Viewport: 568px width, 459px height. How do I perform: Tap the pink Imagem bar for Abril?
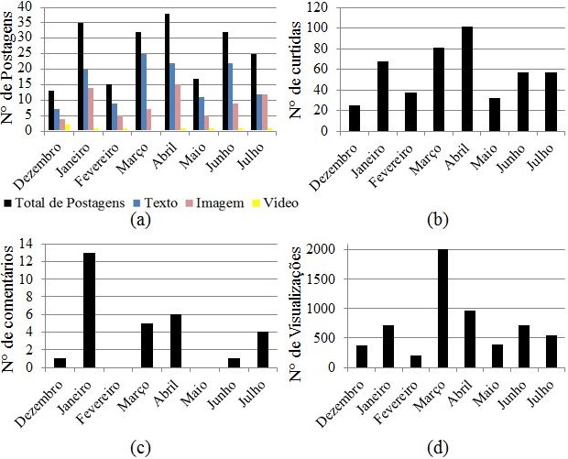(178, 107)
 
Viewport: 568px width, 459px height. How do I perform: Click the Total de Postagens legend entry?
(56, 202)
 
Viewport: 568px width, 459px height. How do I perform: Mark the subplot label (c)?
(139, 448)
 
